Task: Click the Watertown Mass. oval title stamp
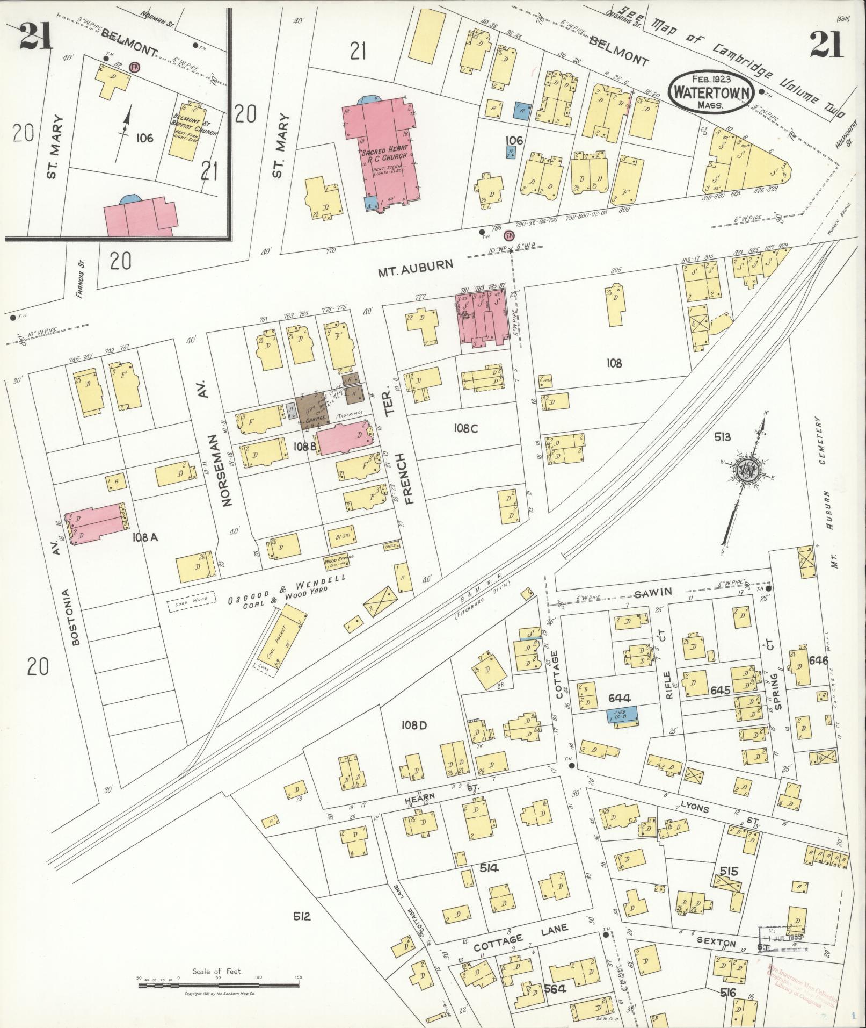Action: (709, 91)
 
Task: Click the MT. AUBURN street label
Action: (416, 265)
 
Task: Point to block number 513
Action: (722, 437)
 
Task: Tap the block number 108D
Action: (414, 725)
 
